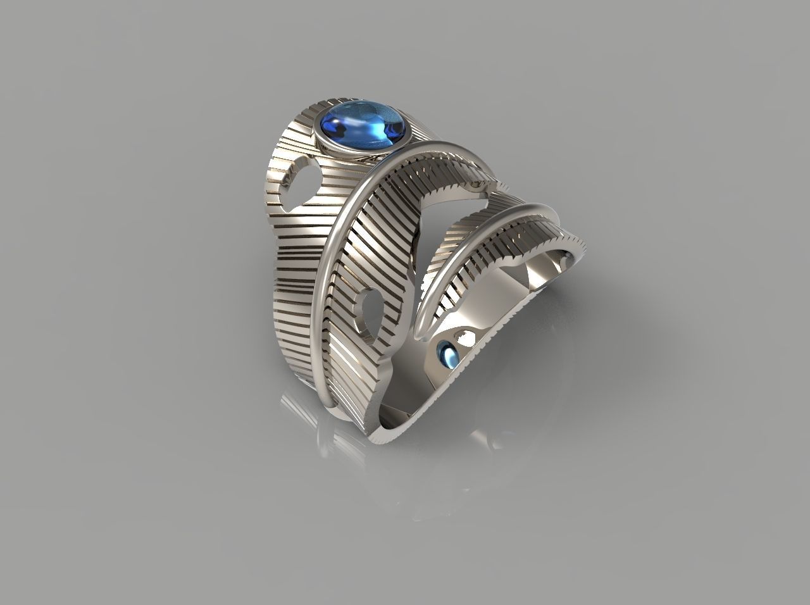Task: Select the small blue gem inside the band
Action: (449, 354)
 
